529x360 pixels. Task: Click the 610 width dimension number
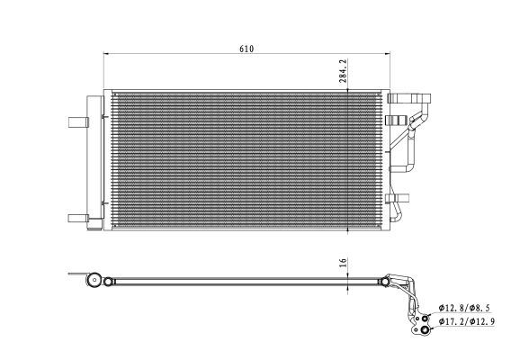point(247,49)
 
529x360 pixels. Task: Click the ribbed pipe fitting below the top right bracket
point(393,120)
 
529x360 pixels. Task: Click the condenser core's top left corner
point(106,89)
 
